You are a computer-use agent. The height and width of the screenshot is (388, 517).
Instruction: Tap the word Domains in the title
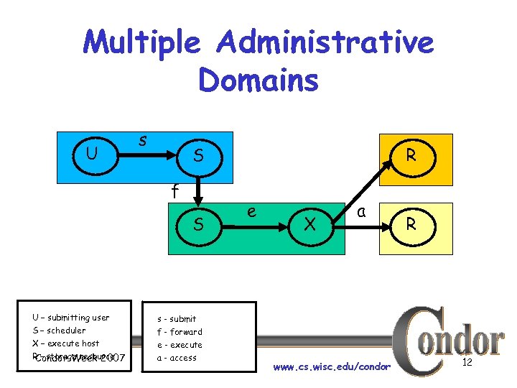pyautogui.click(x=258, y=80)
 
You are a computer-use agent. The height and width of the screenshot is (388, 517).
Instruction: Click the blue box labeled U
pyautogui.click(x=92, y=154)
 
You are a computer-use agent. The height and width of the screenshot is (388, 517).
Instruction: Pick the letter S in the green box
pyautogui.click(x=199, y=225)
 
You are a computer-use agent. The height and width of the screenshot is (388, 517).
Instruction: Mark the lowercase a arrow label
pyautogui.click(x=363, y=211)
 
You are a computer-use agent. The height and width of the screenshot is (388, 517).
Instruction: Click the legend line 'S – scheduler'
pyautogui.click(x=59, y=331)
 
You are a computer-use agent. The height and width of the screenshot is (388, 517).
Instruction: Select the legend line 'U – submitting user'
pyautogui.click(x=70, y=318)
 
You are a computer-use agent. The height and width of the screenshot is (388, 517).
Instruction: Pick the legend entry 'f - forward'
pyautogui.click(x=180, y=332)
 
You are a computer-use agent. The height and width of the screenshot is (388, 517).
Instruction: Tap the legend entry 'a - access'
pyautogui.click(x=177, y=358)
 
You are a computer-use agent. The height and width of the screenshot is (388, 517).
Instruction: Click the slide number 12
pyautogui.click(x=467, y=363)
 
